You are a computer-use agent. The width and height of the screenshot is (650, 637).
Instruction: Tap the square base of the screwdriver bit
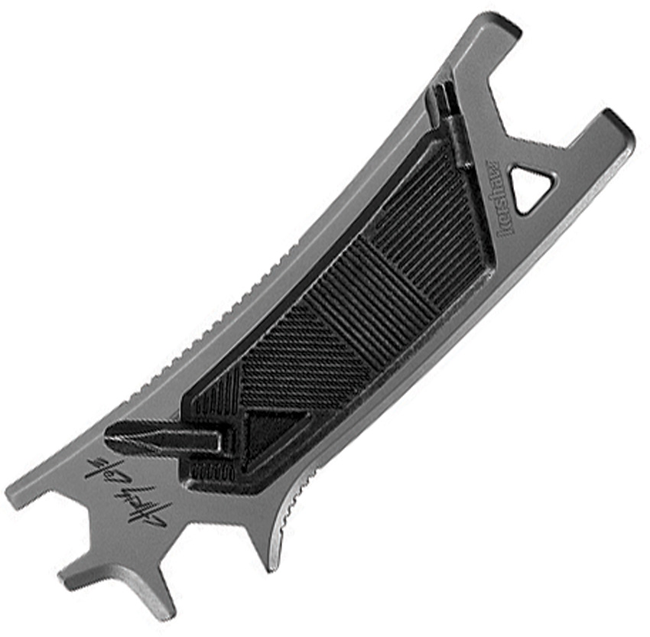(222, 442)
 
